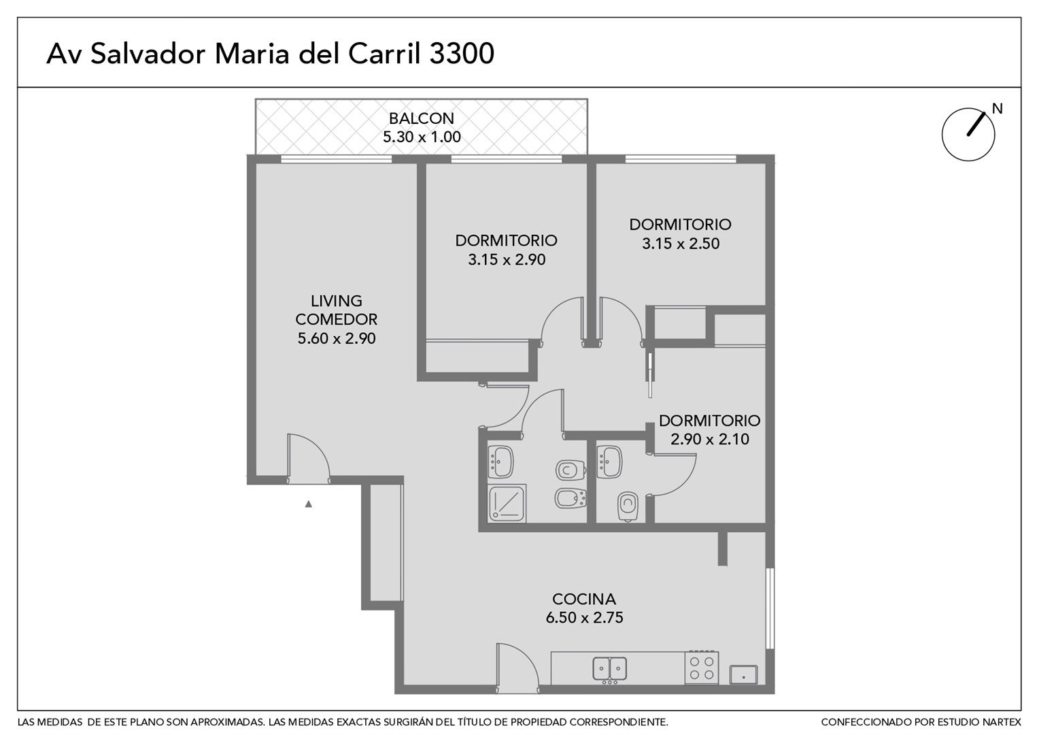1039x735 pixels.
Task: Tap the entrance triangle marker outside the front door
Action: click(309, 504)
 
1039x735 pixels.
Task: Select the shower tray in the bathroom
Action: click(507, 504)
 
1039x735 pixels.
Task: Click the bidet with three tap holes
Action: click(570, 500)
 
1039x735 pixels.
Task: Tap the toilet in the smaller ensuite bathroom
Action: click(627, 506)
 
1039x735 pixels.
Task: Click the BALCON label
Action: click(422, 118)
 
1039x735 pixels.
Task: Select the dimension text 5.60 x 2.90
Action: click(337, 338)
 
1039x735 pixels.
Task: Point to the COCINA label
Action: click(584, 600)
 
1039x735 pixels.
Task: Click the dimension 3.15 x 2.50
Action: click(681, 244)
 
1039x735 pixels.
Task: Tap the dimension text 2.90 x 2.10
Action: click(710, 440)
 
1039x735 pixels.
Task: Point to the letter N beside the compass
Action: click(998, 108)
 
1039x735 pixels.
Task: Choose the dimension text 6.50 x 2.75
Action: click(584, 618)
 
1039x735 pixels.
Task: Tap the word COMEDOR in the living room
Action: click(337, 319)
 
